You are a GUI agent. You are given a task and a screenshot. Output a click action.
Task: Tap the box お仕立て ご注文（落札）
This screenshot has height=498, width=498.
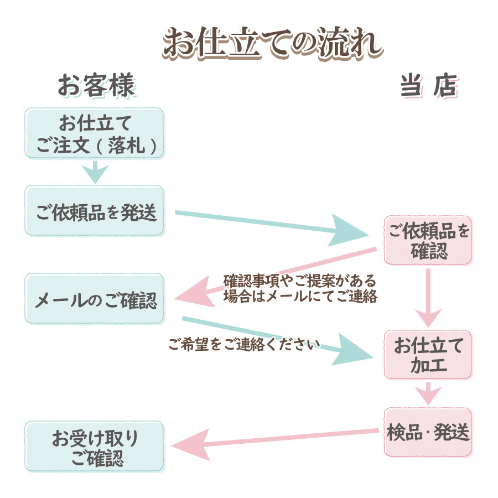click(94, 133)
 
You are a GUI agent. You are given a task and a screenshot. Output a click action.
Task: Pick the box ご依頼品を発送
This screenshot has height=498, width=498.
click(94, 211)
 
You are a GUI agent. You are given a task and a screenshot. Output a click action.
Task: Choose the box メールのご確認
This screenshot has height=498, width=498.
click(94, 299)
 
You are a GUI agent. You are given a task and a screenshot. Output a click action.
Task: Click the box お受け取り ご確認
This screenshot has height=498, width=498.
click(94, 447)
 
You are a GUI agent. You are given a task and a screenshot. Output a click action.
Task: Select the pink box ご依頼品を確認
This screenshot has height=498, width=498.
click(428, 240)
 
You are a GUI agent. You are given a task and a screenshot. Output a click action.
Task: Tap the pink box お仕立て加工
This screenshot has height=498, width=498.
click(428, 355)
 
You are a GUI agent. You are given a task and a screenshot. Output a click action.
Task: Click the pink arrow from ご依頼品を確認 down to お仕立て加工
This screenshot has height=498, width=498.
click(428, 299)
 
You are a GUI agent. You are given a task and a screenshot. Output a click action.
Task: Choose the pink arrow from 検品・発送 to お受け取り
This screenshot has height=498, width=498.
click(277, 440)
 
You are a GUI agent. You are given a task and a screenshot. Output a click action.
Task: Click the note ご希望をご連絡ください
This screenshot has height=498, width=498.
click(244, 345)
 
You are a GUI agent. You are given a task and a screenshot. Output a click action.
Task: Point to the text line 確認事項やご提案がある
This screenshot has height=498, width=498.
click(299, 279)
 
